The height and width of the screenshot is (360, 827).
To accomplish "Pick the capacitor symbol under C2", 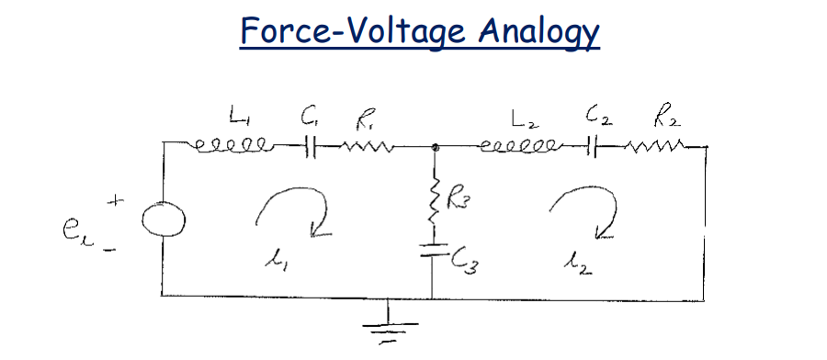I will click(597, 145).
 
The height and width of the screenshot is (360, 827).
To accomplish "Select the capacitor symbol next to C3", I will click(432, 249).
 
